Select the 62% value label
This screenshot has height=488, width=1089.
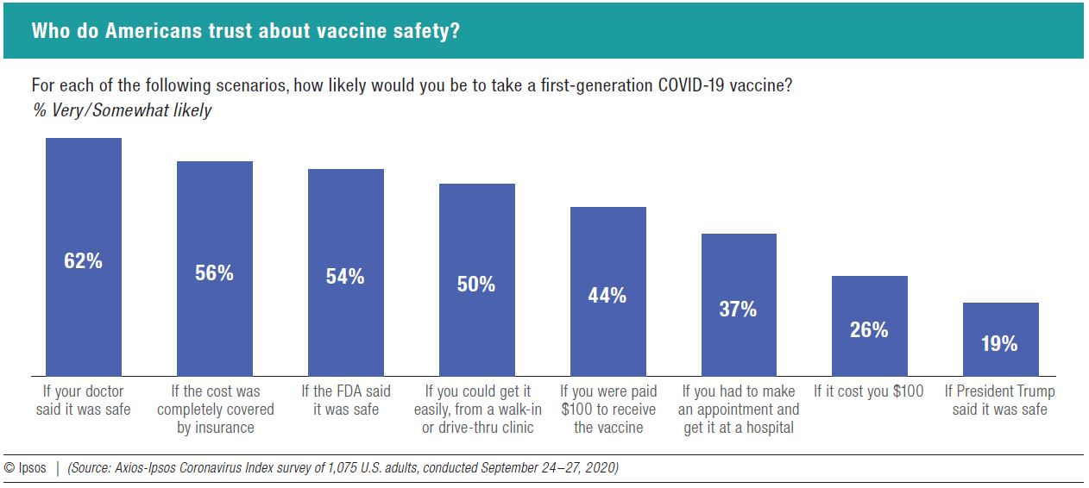point(83,261)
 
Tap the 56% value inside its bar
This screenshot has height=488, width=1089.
point(214,273)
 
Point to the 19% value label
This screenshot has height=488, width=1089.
point(999,344)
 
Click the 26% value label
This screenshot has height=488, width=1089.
point(869,330)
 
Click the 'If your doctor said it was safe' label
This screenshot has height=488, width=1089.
point(83,400)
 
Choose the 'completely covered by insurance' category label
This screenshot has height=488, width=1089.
point(215,409)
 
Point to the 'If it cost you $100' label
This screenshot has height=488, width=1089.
point(868,391)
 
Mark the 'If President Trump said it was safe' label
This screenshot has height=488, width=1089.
point(999,400)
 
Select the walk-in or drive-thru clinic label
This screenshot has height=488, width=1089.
point(477,409)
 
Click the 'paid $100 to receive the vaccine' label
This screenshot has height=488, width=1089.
point(607,409)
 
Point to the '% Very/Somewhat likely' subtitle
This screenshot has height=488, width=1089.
point(121,110)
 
